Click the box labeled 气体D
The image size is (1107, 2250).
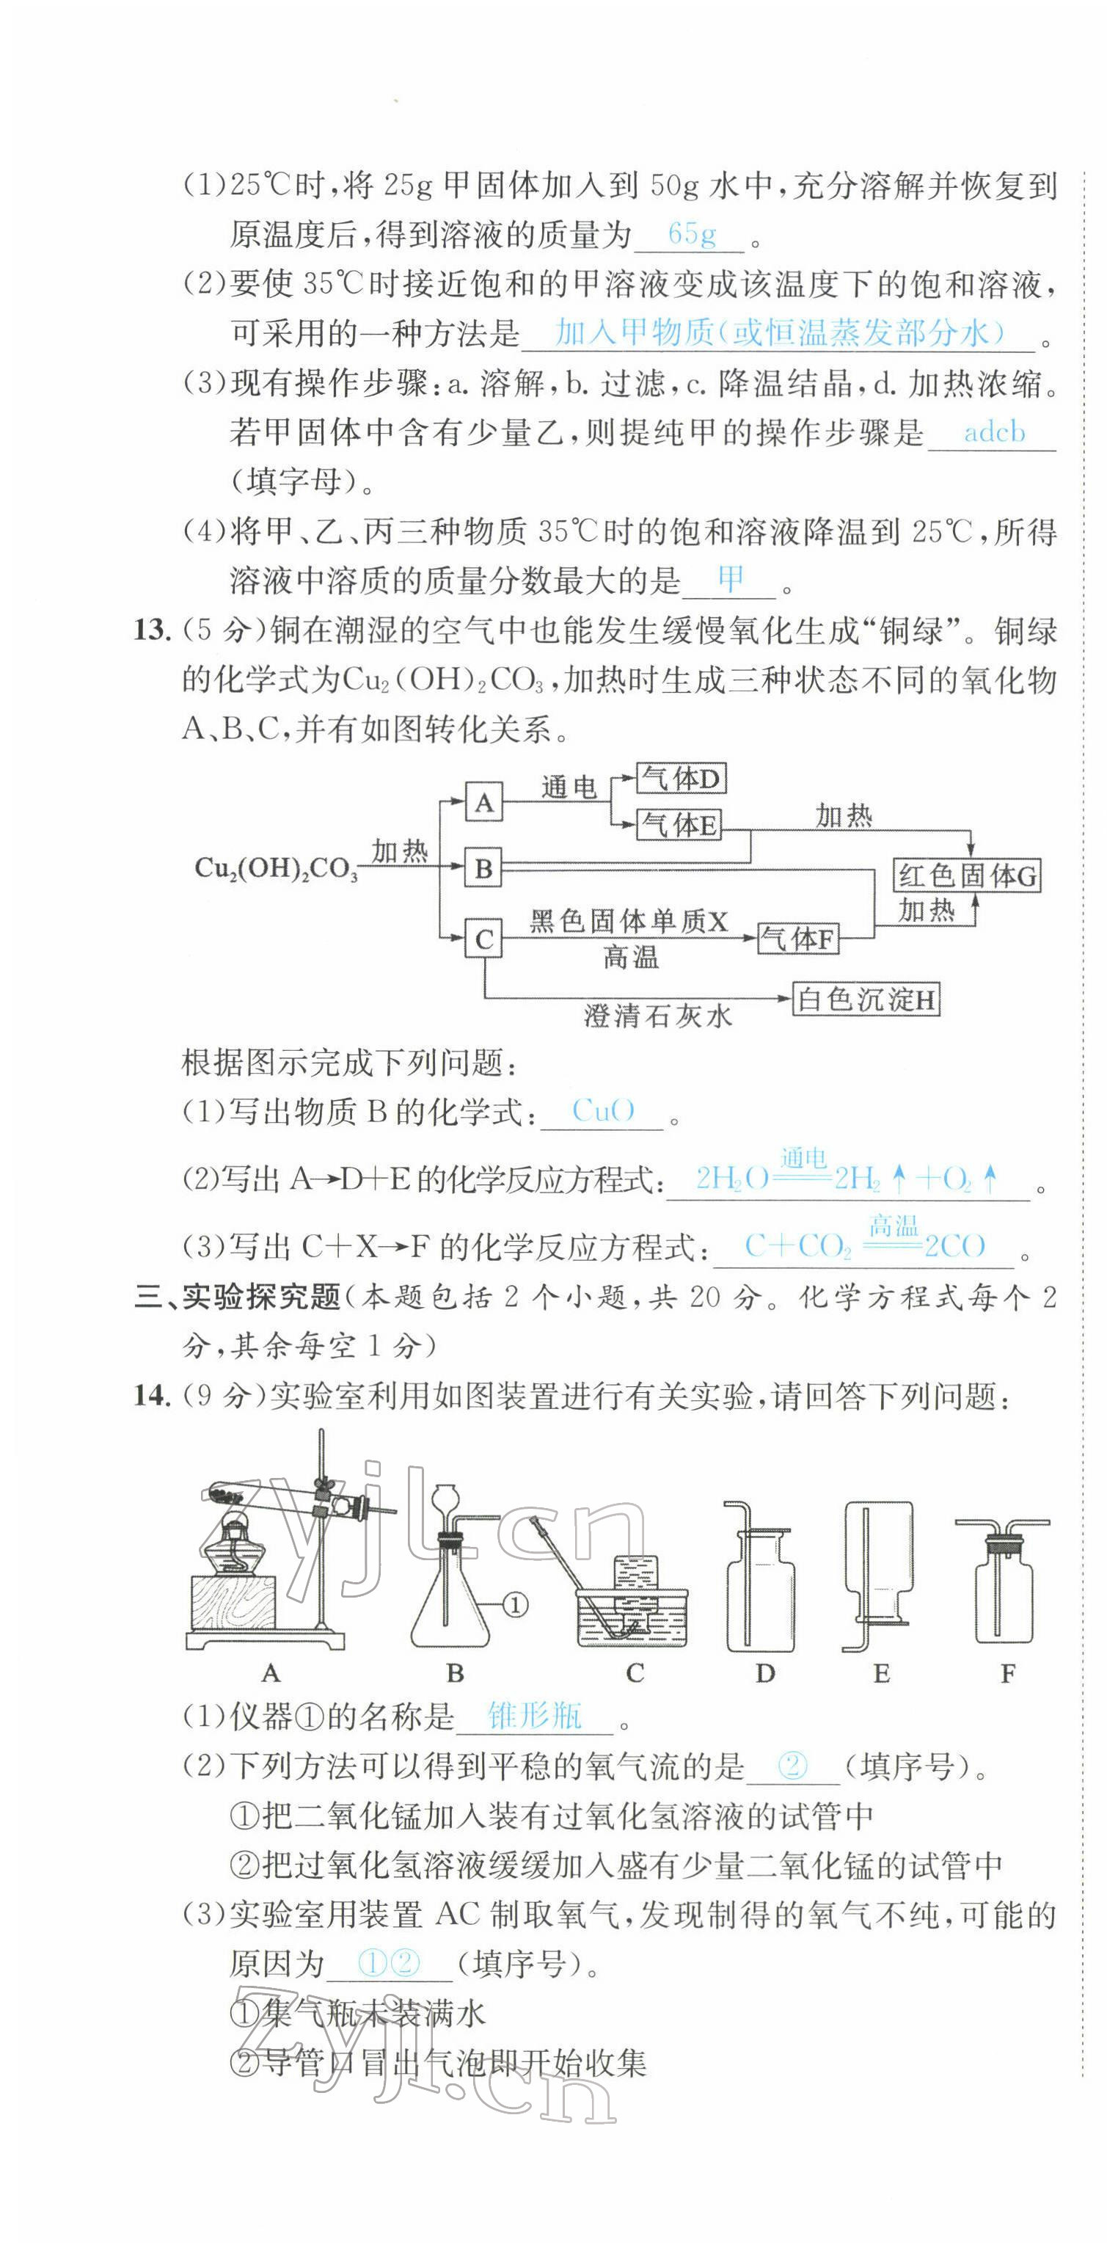681,778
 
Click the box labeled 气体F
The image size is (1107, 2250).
798,939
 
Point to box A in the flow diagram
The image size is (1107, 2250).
483,802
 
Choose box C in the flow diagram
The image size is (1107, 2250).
483,940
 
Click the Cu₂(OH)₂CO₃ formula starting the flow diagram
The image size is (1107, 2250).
276,868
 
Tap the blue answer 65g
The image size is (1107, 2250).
692,234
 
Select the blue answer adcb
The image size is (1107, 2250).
994,432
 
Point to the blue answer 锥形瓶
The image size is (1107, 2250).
534,1716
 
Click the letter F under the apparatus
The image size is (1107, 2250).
1007,1673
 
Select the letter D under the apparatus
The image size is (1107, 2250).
764,1673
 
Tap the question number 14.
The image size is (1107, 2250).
150,1396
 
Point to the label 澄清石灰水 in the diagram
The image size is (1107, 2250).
657,1016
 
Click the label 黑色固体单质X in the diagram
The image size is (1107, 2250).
629,922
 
